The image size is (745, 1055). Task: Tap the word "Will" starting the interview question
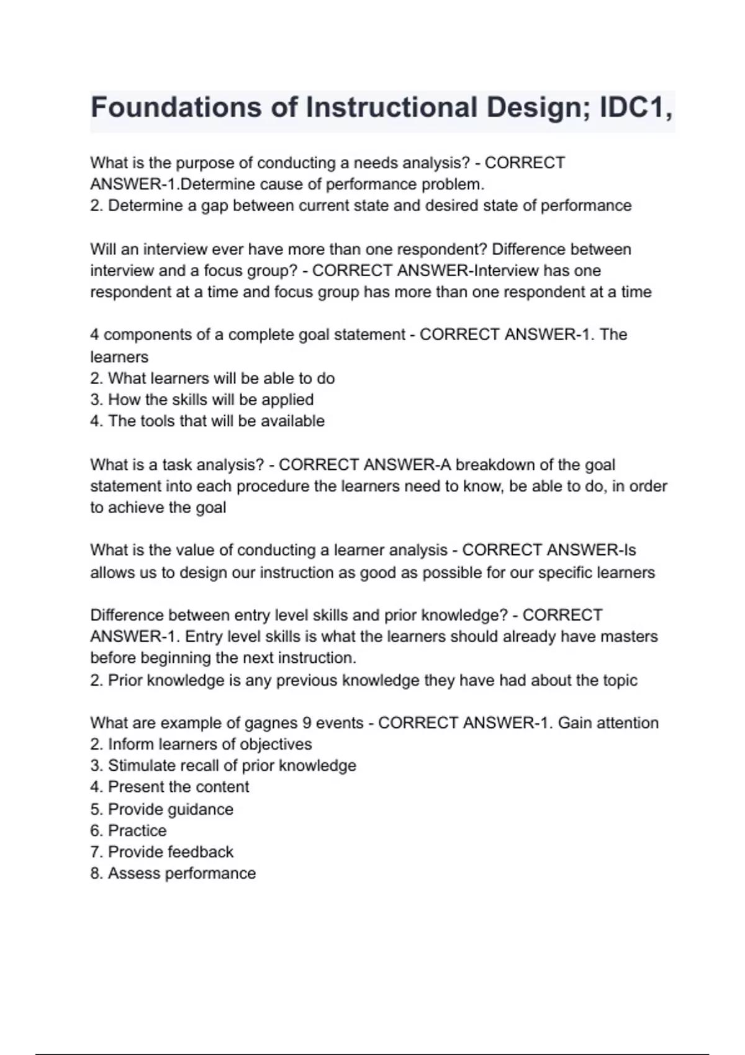point(102,249)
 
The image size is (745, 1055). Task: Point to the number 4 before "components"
point(94,335)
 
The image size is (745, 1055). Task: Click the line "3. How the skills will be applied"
point(202,400)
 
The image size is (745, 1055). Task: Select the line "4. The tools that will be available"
point(207,421)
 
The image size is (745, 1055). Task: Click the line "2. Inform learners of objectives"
point(201,745)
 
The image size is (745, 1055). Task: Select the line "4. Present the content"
point(169,787)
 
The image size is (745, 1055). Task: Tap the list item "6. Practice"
point(129,831)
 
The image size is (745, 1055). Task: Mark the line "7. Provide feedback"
point(162,852)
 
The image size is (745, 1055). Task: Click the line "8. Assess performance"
point(173,874)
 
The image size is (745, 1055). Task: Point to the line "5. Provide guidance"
point(162,810)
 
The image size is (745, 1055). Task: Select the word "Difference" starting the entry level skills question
point(127,616)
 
